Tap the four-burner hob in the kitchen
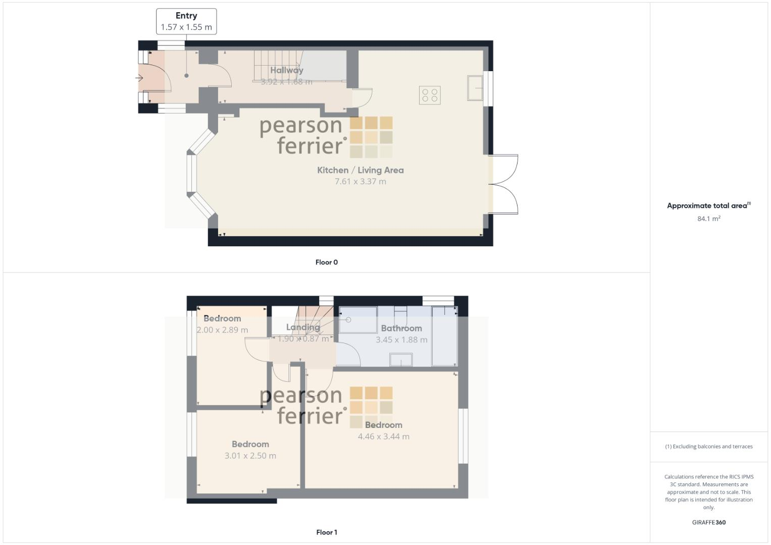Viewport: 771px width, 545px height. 430,95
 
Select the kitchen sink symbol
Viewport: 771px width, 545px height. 475,88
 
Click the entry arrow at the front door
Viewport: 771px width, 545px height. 139,78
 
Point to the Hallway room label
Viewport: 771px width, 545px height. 286,70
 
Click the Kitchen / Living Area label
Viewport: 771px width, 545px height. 360,170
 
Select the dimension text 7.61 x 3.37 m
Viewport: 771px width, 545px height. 360,182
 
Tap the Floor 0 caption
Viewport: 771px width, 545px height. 326,262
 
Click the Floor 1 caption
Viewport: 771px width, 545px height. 326,532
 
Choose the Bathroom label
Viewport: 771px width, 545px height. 401,328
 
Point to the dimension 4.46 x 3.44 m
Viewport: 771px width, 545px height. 383,437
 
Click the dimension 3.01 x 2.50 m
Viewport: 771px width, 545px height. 250,456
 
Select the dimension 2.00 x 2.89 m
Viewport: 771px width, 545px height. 222,330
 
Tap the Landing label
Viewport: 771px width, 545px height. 302,327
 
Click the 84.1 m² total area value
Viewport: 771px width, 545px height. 708,219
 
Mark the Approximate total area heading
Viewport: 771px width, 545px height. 708,205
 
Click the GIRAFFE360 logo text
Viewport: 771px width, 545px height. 708,522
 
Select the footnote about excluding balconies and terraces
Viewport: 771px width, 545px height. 708,447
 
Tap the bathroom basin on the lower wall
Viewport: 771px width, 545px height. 401,359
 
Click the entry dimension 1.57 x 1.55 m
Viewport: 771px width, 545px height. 186,27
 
